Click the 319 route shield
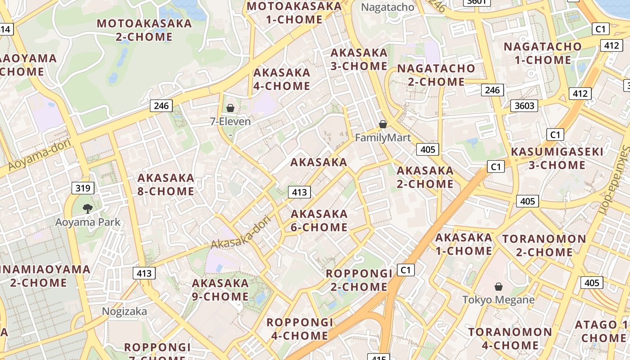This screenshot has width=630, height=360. coord(83,188)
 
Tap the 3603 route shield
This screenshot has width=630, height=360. coord(524,106)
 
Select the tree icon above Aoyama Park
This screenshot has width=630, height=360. coord(88,208)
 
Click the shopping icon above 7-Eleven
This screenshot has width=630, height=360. coord(230,108)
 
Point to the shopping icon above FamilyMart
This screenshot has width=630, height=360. coord(383,124)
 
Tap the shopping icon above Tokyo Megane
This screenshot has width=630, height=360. coord(499,287)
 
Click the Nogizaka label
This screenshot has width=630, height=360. coord(125,311)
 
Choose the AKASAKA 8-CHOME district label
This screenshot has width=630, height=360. coord(166,184)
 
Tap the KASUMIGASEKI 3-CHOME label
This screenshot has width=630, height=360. coord(557,158)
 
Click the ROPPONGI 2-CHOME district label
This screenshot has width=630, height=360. coord(359,280)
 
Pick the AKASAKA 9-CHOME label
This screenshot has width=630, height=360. coord(220,290)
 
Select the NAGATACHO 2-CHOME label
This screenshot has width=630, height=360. coord(436,75)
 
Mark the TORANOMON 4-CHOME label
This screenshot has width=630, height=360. coord(510,339)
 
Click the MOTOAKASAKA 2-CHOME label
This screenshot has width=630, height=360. coord(144,30)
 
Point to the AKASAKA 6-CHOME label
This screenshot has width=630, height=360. coord(319,220)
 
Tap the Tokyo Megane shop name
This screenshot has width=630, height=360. coord(499,300)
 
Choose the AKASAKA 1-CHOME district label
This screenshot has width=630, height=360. coord(464,244)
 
